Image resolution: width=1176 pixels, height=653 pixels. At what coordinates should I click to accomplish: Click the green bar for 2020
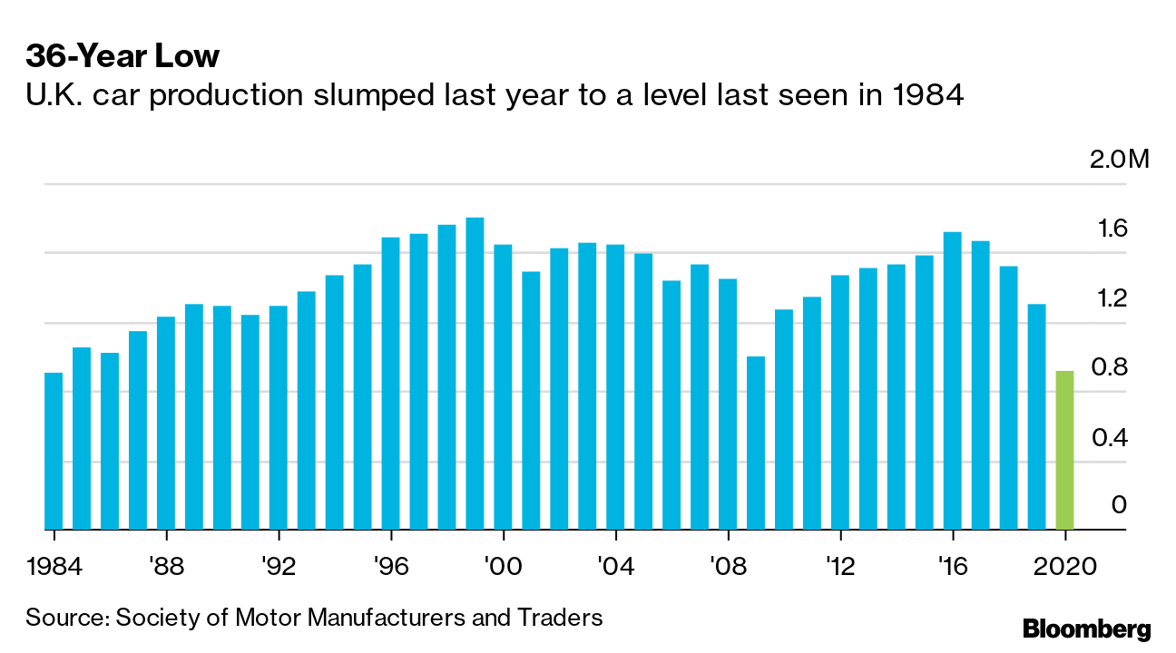point(1064,450)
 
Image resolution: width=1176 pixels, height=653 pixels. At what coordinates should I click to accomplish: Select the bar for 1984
point(54,451)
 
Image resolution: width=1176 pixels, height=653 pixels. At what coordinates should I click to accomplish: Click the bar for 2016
point(952,381)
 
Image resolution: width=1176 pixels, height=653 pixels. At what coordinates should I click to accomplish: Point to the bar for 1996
point(390,384)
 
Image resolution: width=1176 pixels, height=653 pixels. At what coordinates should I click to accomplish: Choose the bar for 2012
point(839,402)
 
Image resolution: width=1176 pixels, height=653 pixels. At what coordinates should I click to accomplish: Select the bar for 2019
point(1036,416)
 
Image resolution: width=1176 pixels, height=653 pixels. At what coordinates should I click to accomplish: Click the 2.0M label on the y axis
point(1119,161)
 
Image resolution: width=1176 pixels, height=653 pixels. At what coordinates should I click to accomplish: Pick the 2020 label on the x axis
point(1065,567)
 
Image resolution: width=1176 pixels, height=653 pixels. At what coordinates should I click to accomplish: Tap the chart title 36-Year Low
point(122,56)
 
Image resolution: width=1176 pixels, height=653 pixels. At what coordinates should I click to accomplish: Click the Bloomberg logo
point(1086,629)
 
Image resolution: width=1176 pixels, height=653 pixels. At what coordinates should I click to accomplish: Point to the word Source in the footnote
point(64,618)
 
